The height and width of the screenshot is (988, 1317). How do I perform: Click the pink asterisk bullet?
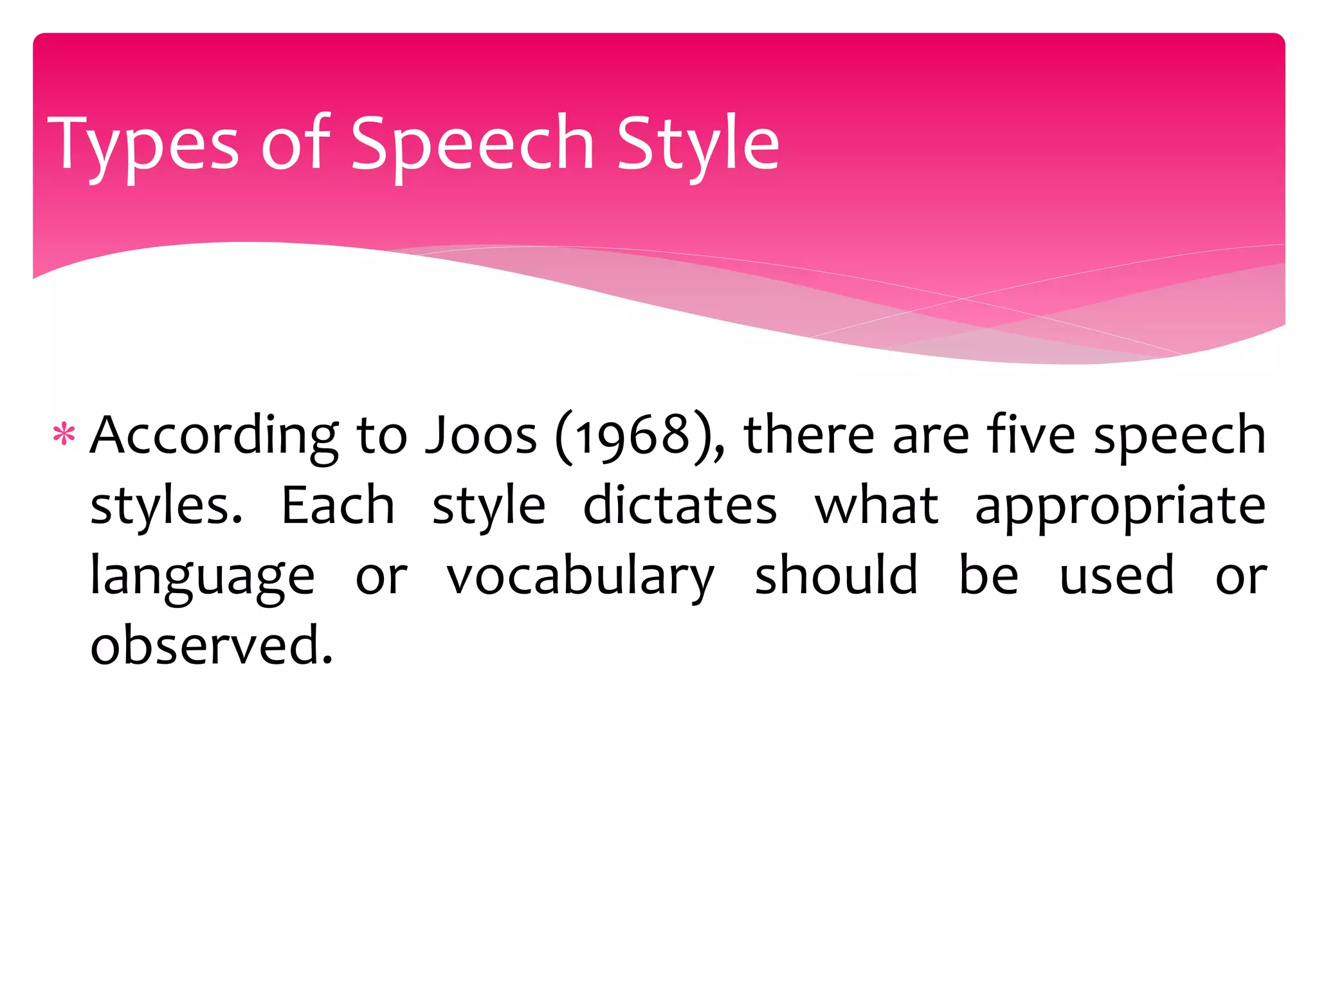click(x=64, y=435)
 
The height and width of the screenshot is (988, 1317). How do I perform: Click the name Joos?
click(x=481, y=436)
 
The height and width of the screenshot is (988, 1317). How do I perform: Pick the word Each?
click(x=338, y=506)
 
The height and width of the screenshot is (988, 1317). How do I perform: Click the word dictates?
click(x=680, y=506)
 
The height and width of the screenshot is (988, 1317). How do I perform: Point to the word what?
click(x=876, y=506)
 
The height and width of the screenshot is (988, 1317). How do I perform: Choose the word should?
click(x=836, y=575)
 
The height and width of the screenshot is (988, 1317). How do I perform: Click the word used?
click(x=1117, y=576)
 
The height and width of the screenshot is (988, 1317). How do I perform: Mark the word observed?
click(x=212, y=645)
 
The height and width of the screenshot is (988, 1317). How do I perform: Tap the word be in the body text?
click(x=988, y=575)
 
